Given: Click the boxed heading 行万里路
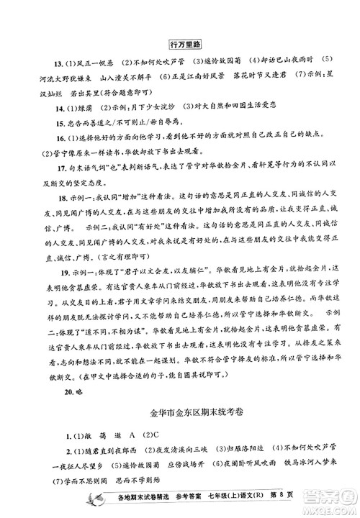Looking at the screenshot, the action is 180,43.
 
